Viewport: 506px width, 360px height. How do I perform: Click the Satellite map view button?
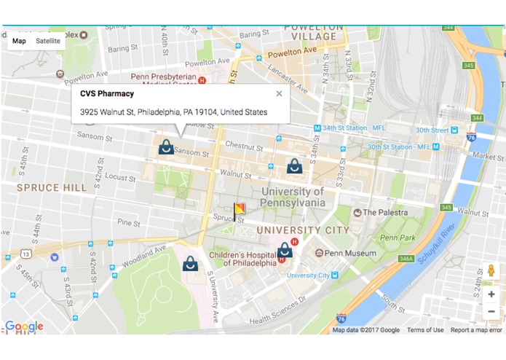point(48,41)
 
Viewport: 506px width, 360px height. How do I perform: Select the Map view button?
point(19,41)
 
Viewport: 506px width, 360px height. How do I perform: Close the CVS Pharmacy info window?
point(279,94)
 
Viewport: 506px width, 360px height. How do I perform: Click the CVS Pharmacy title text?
point(107,94)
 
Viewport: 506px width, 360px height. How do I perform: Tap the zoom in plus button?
point(491,294)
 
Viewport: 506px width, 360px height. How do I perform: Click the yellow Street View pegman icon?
point(491,270)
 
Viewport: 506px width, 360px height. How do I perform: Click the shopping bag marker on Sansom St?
point(166,147)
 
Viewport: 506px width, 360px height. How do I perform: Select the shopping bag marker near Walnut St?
point(294,166)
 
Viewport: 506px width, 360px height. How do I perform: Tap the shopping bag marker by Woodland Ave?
point(190,263)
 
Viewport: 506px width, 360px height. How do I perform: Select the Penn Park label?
point(398,238)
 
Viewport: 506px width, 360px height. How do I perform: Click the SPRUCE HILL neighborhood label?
point(52,187)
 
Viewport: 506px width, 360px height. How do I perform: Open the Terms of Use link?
point(425,330)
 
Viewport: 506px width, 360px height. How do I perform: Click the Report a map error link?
point(476,330)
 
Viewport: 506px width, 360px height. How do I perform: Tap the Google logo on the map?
point(24,326)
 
